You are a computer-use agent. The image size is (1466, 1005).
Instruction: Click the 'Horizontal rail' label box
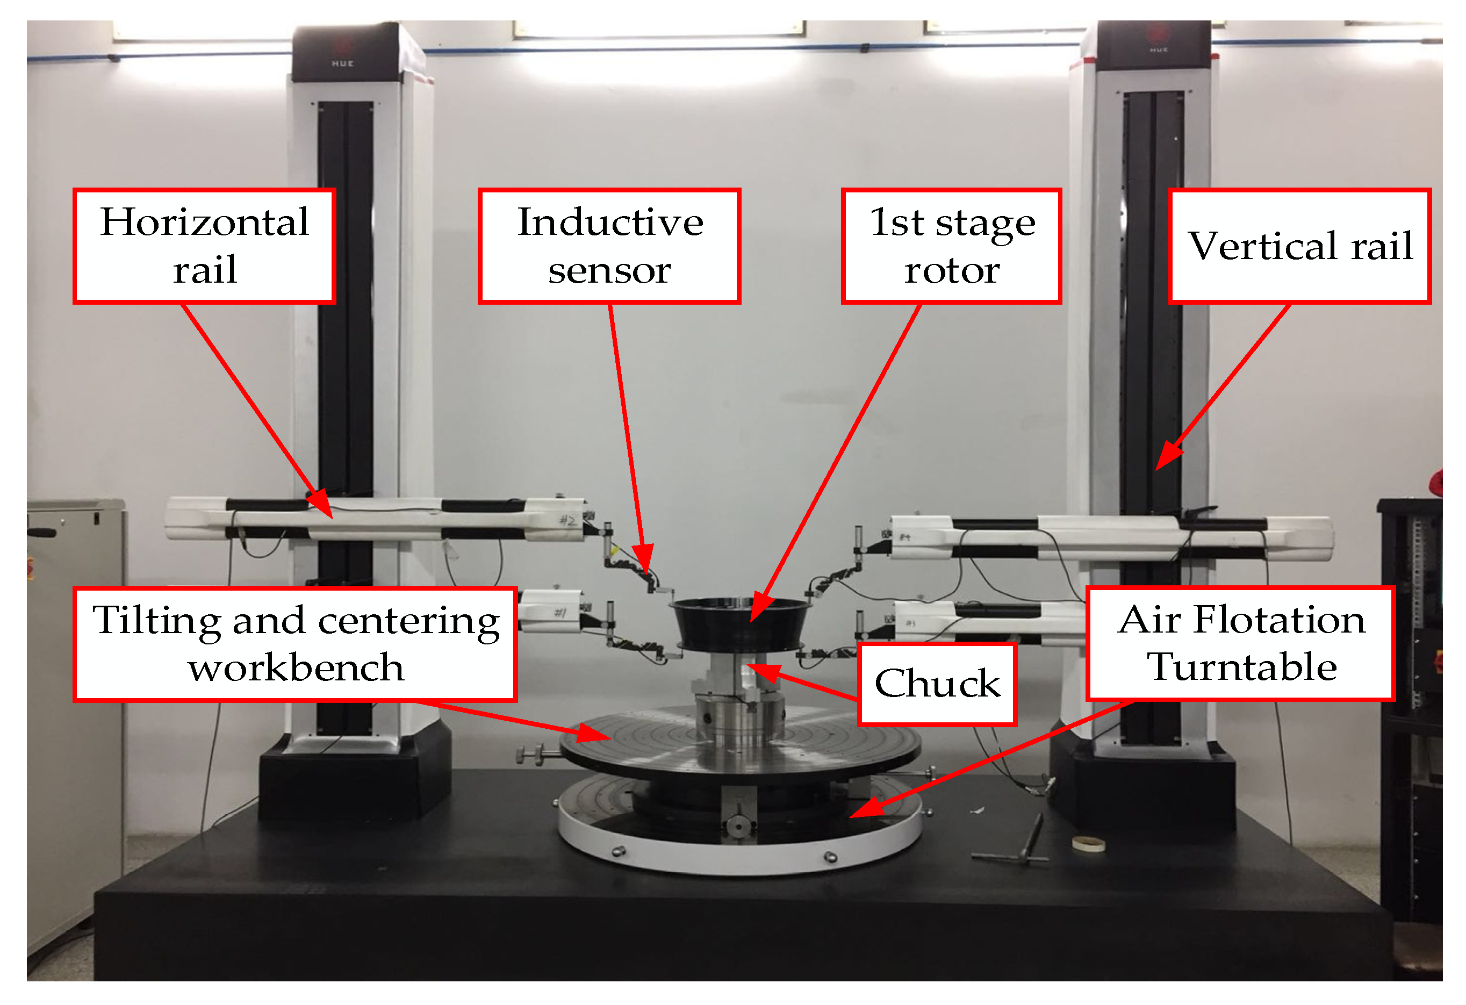click(x=204, y=246)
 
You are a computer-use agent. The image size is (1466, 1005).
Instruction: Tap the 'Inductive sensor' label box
click(x=609, y=246)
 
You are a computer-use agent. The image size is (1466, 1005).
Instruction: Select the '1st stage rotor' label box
click(x=951, y=246)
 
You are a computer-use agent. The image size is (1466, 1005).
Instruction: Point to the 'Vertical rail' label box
click(x=1300, y=246)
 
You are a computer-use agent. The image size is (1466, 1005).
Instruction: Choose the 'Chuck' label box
click(x=937, y=684)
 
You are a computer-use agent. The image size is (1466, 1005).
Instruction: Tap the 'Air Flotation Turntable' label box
click(x=1241, y=643)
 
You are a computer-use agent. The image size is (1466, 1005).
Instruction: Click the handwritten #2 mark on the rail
click(x=567, y=520)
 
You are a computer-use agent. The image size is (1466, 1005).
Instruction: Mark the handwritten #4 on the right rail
click(x=904, y=537)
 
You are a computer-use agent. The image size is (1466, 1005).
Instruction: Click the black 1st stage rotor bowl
click(x=741, y=624)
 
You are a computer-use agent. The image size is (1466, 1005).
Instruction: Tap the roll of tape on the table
click(x=1089, y=843)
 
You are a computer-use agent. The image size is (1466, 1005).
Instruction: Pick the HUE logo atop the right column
click(x=1158, y=50)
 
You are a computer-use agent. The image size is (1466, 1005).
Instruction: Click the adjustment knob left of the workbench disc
click(x=532, y=755)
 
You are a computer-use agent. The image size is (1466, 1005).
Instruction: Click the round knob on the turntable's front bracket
click(x=736, y=826)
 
